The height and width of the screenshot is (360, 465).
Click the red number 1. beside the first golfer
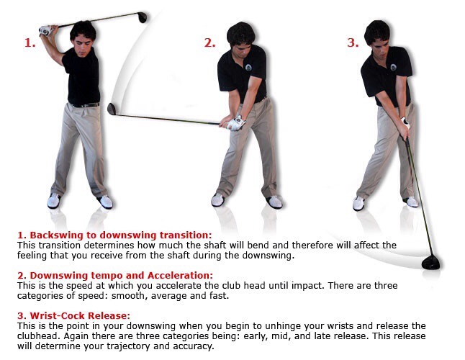30,43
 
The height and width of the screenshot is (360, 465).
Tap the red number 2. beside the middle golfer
209,43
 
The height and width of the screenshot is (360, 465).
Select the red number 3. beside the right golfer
353,43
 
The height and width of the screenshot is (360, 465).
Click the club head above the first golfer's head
143,17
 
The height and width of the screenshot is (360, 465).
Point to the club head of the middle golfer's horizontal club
112,109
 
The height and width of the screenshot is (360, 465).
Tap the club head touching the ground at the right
430,263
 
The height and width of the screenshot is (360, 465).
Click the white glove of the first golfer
45,30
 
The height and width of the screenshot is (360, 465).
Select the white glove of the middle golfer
237,123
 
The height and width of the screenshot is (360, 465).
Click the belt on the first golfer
86,105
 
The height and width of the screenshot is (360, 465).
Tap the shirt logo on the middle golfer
248,67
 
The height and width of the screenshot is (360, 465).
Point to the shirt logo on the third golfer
394,67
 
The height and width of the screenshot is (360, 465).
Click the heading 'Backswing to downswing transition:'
114,235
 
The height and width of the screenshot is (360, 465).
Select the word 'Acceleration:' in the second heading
180,276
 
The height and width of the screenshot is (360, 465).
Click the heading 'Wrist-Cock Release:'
74,315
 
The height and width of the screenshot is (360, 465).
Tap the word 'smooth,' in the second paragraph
130,296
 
